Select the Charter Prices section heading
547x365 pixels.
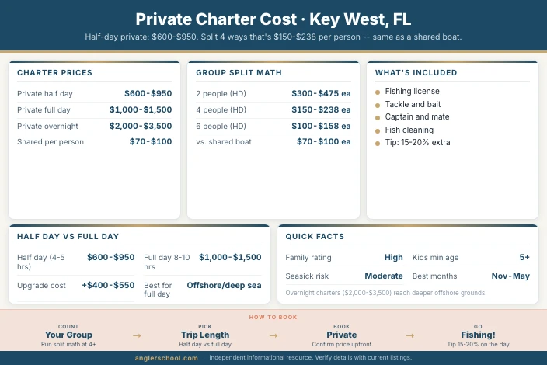pos(54,73)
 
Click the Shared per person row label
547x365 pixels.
pos(51,142)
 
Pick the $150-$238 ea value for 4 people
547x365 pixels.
pos(321,109)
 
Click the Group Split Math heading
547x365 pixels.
pos(239,73)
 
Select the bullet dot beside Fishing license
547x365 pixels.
pos(378,92)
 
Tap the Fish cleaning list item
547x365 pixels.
pos(409,130)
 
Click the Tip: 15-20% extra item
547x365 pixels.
pos(417,142)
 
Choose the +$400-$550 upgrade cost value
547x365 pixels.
pos(108,285)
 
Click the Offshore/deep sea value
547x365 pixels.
pos(224,285)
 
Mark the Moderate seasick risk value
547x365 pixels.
pos(384,276)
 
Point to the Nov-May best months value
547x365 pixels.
pos(510,276)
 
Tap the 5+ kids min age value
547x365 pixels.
pos(524,257)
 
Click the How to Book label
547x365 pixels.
pos(273,317)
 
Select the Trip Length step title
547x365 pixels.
pos(205,335)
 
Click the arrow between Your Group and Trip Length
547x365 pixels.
pos(137,335)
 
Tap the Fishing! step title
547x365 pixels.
pos(478,335)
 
